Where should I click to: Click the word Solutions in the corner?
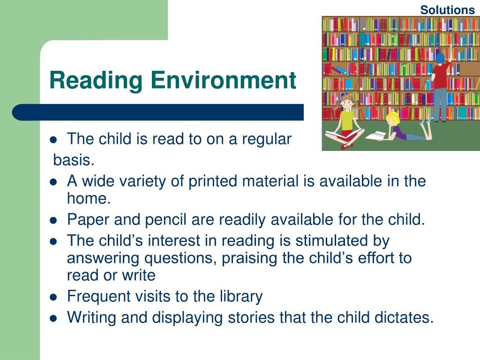447,10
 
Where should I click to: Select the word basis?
74,161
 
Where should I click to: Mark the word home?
89,199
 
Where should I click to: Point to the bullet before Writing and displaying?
53,318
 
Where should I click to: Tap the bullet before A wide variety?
53,181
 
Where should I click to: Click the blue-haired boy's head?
440,59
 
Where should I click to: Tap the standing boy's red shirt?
441,75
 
